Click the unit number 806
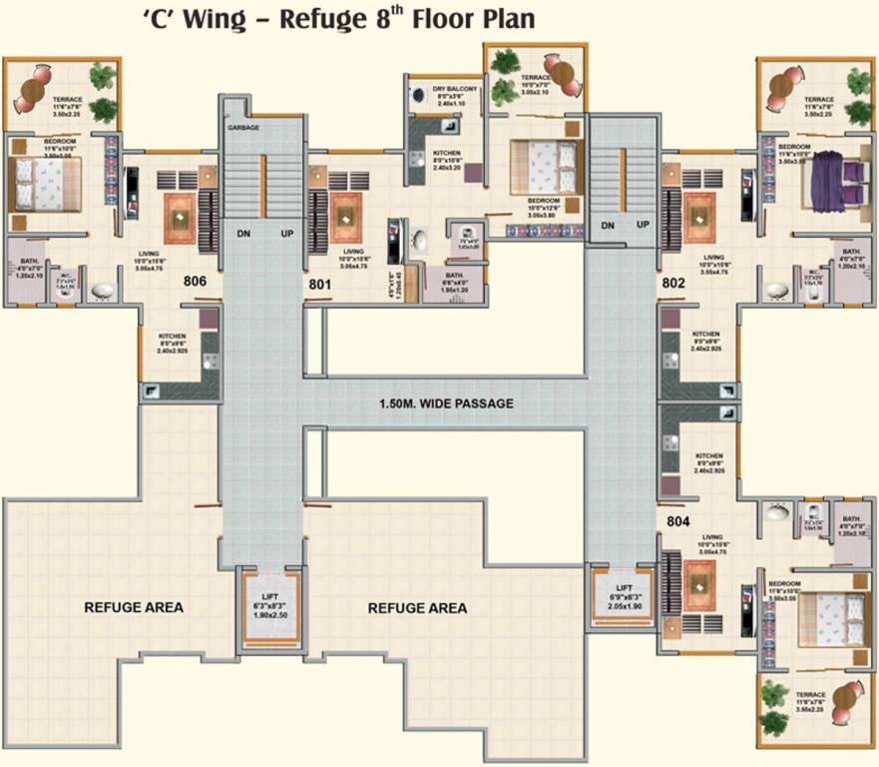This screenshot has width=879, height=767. click(195, 283)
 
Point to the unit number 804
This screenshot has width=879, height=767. click(677, 520)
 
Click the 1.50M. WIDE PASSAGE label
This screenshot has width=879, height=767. click(446, 403)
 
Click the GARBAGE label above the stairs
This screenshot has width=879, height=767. click(243, 128)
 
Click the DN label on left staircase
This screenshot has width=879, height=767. click(243, 234)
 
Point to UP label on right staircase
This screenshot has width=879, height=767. click(643, 225)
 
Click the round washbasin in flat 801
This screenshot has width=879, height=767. click(419, 243)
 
